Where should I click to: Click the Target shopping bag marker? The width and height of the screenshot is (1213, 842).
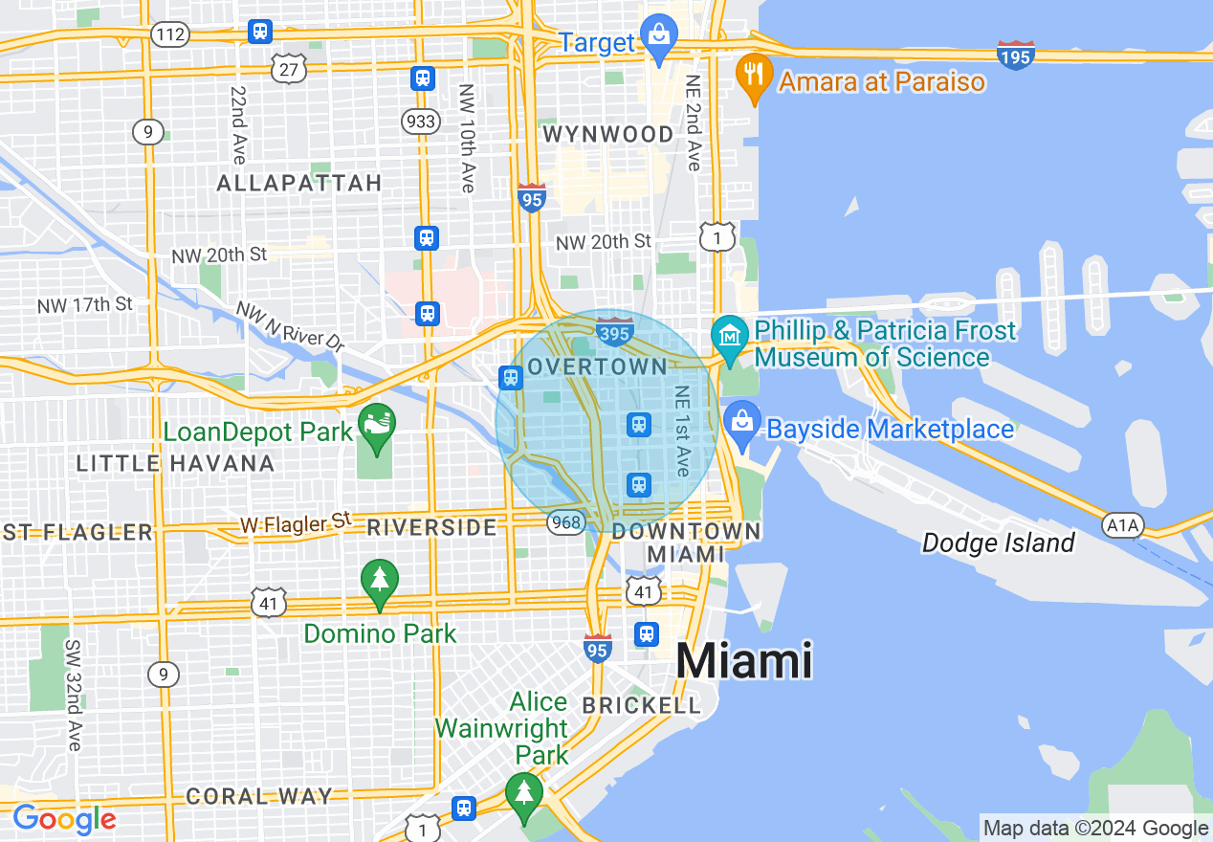point(659,36)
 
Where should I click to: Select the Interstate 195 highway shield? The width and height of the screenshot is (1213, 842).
point(1015,55)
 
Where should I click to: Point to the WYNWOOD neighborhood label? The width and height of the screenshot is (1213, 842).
point(608,135)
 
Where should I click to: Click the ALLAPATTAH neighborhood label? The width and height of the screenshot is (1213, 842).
point(299,183)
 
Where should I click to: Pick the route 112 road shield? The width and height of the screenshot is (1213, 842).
point(168,35)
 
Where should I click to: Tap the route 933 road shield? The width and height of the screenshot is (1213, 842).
point(421,122)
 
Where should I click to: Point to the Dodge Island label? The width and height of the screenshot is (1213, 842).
point(998,543)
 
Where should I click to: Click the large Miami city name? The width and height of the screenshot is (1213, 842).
point(744,661)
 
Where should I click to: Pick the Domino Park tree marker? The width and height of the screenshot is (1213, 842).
point(380,581)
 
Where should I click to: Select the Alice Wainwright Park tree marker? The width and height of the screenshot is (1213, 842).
point(523,792)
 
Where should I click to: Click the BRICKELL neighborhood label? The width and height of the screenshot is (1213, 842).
point(642,705)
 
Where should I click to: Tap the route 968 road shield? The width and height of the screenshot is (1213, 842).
point(566,521)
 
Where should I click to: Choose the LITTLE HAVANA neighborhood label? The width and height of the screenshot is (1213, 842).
point(175,464)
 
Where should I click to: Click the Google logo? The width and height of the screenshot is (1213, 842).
point(64,819)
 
